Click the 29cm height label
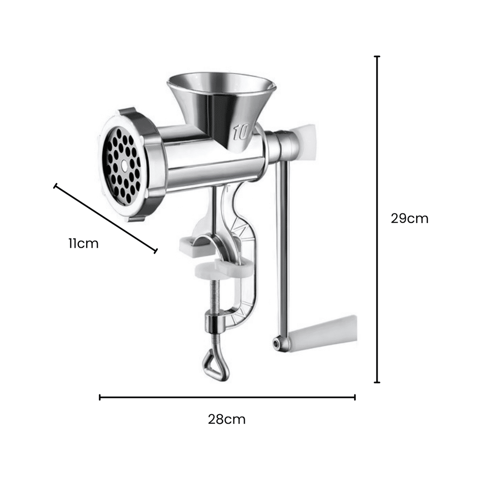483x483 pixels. click(409, 218)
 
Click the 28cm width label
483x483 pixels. click(227, 419)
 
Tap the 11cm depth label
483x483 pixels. click(83, 243)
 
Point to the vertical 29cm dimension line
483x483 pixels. click(377, 220)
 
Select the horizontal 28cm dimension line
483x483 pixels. click(227, 397)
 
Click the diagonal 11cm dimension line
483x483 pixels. click(105, 219)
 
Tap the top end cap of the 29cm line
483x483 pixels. click(377, 57)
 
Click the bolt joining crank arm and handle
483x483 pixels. click(277, 342)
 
